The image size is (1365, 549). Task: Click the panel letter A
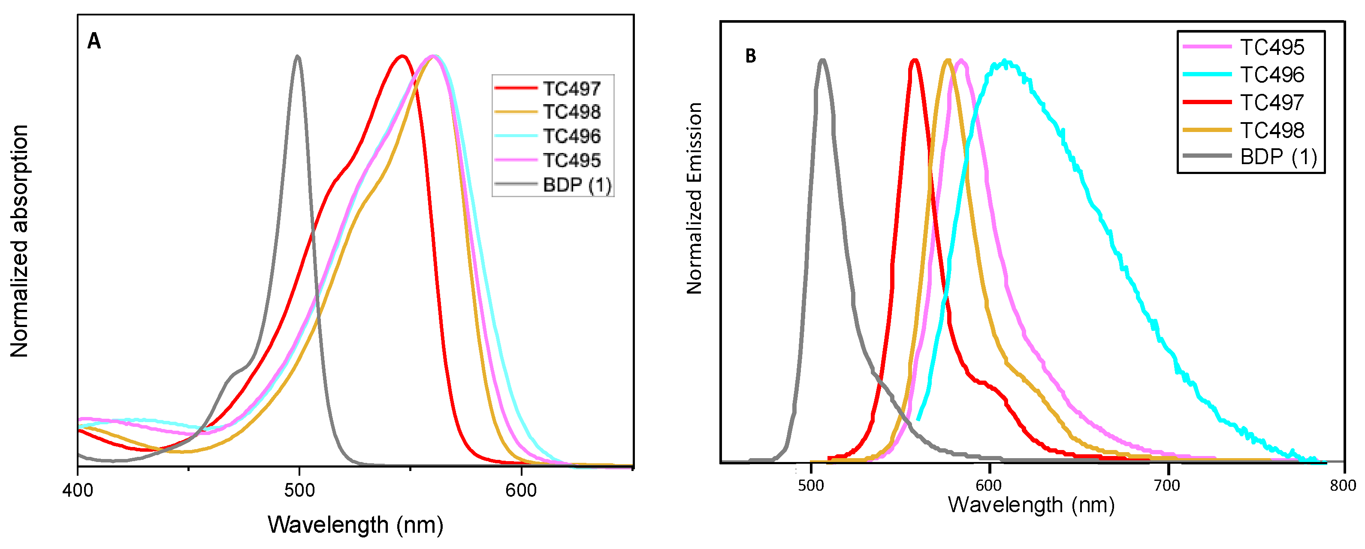point(94,41)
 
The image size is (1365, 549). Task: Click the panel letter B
point(750,56)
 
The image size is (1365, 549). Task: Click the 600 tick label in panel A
point(521,490)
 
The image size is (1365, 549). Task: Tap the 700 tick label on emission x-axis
point(1167,485)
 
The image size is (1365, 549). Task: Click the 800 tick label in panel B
point(1343,485)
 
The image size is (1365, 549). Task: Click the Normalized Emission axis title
point(694,198)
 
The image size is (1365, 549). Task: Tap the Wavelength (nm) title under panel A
point(355,525)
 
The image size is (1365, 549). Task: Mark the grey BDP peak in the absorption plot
point(297,56)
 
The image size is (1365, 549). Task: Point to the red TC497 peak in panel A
point(402,56)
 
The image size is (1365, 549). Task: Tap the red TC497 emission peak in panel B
point(914,60)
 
